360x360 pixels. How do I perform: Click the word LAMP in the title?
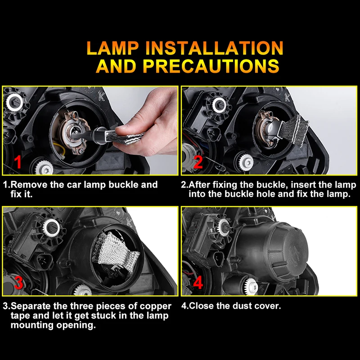coord(113,48)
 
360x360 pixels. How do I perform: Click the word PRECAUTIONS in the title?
coord(211,66)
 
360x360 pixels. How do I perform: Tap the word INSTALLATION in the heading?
coord(215,48)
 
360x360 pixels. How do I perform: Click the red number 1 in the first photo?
coord(18,162)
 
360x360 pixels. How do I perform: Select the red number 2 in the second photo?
coord(198,162)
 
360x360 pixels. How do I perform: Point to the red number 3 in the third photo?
coord(18,283)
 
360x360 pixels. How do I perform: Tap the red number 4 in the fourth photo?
coord(198,283)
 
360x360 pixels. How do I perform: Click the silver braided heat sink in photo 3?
coord(115,252)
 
